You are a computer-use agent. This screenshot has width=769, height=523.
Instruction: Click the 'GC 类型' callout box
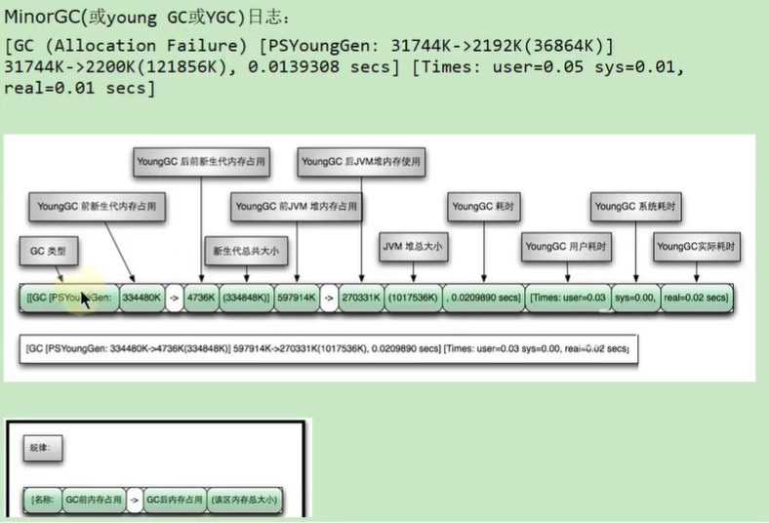48,252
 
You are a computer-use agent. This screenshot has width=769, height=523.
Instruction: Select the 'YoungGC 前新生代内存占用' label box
97,207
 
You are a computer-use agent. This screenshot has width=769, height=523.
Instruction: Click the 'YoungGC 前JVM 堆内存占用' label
296,207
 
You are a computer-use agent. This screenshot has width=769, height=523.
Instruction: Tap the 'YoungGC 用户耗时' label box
566,247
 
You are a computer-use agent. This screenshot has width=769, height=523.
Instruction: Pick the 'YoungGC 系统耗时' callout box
635,207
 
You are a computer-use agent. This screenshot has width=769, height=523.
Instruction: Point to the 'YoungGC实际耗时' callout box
696,247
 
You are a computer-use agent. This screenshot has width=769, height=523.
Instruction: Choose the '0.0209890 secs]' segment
484,297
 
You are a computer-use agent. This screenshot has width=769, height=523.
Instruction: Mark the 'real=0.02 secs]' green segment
694,297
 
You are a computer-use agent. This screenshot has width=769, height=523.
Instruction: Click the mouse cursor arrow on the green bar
86,299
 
